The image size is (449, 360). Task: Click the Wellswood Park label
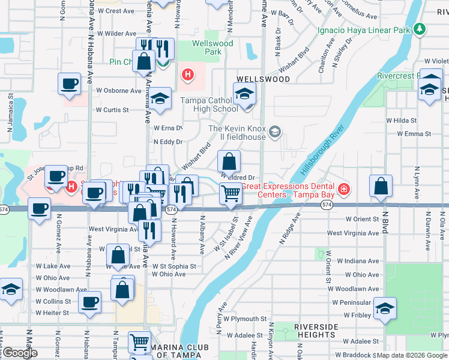pos(207,47)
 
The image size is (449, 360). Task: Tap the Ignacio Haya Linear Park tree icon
pos(421,29)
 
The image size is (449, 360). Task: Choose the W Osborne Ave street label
pos(119,91)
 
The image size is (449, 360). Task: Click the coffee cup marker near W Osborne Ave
pos(69,83)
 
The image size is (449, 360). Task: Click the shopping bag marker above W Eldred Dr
pos(229,161)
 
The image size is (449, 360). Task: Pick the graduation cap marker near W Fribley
pos(385,309)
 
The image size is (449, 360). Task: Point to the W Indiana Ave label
pos(358,261)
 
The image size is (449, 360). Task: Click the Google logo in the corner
pos(20,353)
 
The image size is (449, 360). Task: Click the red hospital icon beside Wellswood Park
pos(188,75)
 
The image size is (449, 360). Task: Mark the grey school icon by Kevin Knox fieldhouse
pos(275,131)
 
